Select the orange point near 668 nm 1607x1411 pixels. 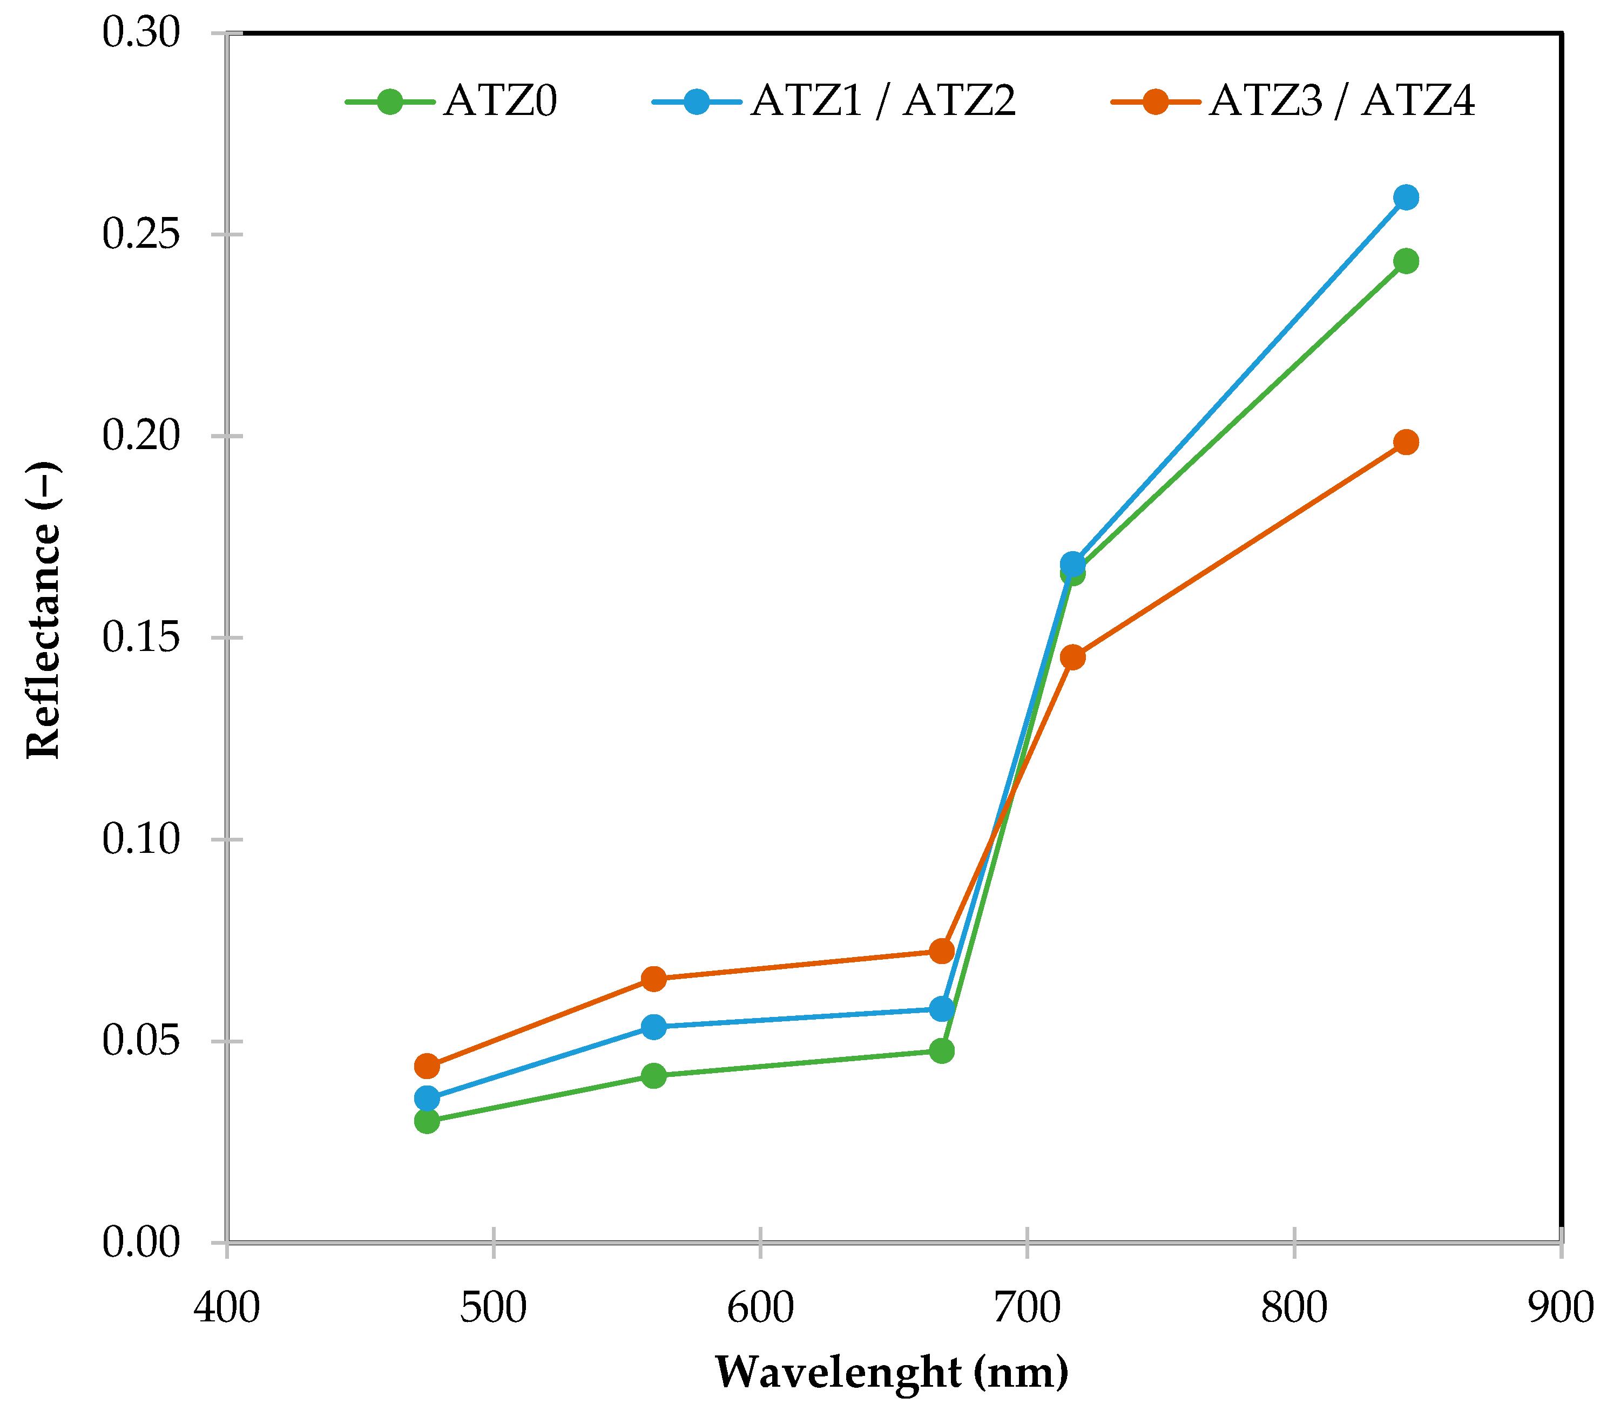click(942, 951)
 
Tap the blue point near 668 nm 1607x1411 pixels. click(942, 1008)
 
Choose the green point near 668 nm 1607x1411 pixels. click(942, 1051)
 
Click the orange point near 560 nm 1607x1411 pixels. click(653, 979)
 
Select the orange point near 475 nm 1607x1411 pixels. click(427, 1066)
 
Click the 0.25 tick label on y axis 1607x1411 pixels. click(141, 234)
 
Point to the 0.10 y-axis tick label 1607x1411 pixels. click(141, 839)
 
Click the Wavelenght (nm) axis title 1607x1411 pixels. click(892, 1372)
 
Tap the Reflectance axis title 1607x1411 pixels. click(43, 610)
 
